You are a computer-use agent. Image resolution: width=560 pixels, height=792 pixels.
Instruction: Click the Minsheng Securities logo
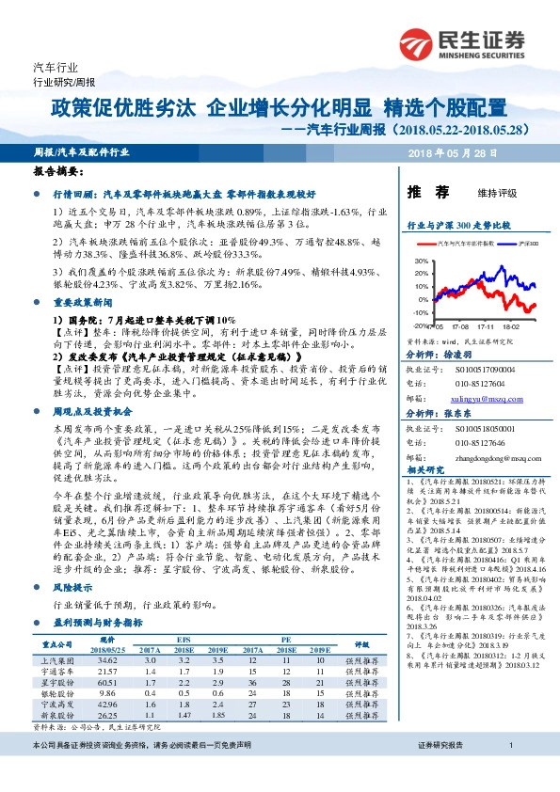point(462,43)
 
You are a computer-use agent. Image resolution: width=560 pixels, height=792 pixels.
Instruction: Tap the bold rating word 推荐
point(421,192)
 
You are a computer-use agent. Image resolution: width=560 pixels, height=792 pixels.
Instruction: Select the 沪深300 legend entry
point(526,244)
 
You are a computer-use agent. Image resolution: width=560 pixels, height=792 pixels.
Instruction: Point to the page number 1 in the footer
point(509,771)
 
